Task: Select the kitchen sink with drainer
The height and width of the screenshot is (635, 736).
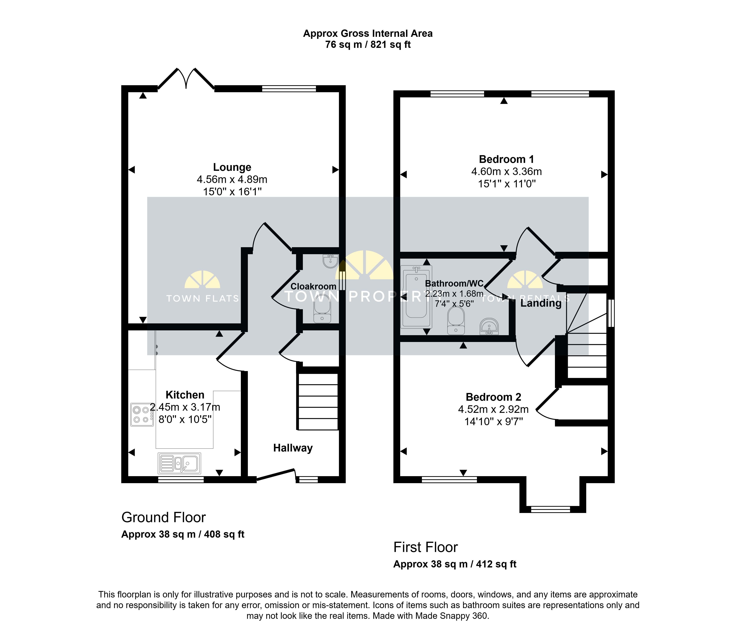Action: coord(179,463)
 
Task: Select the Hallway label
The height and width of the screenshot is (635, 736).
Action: coord(293,448)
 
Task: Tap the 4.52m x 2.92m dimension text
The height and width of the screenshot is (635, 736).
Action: coord(493,409)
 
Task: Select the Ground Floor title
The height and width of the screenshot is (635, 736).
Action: coord(163,517)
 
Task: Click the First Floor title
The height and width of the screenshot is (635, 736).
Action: coord(426,547)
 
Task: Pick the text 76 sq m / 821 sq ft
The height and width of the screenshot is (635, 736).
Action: coord(368,45)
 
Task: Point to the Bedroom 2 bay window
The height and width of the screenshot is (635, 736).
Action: coord(550,509)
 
